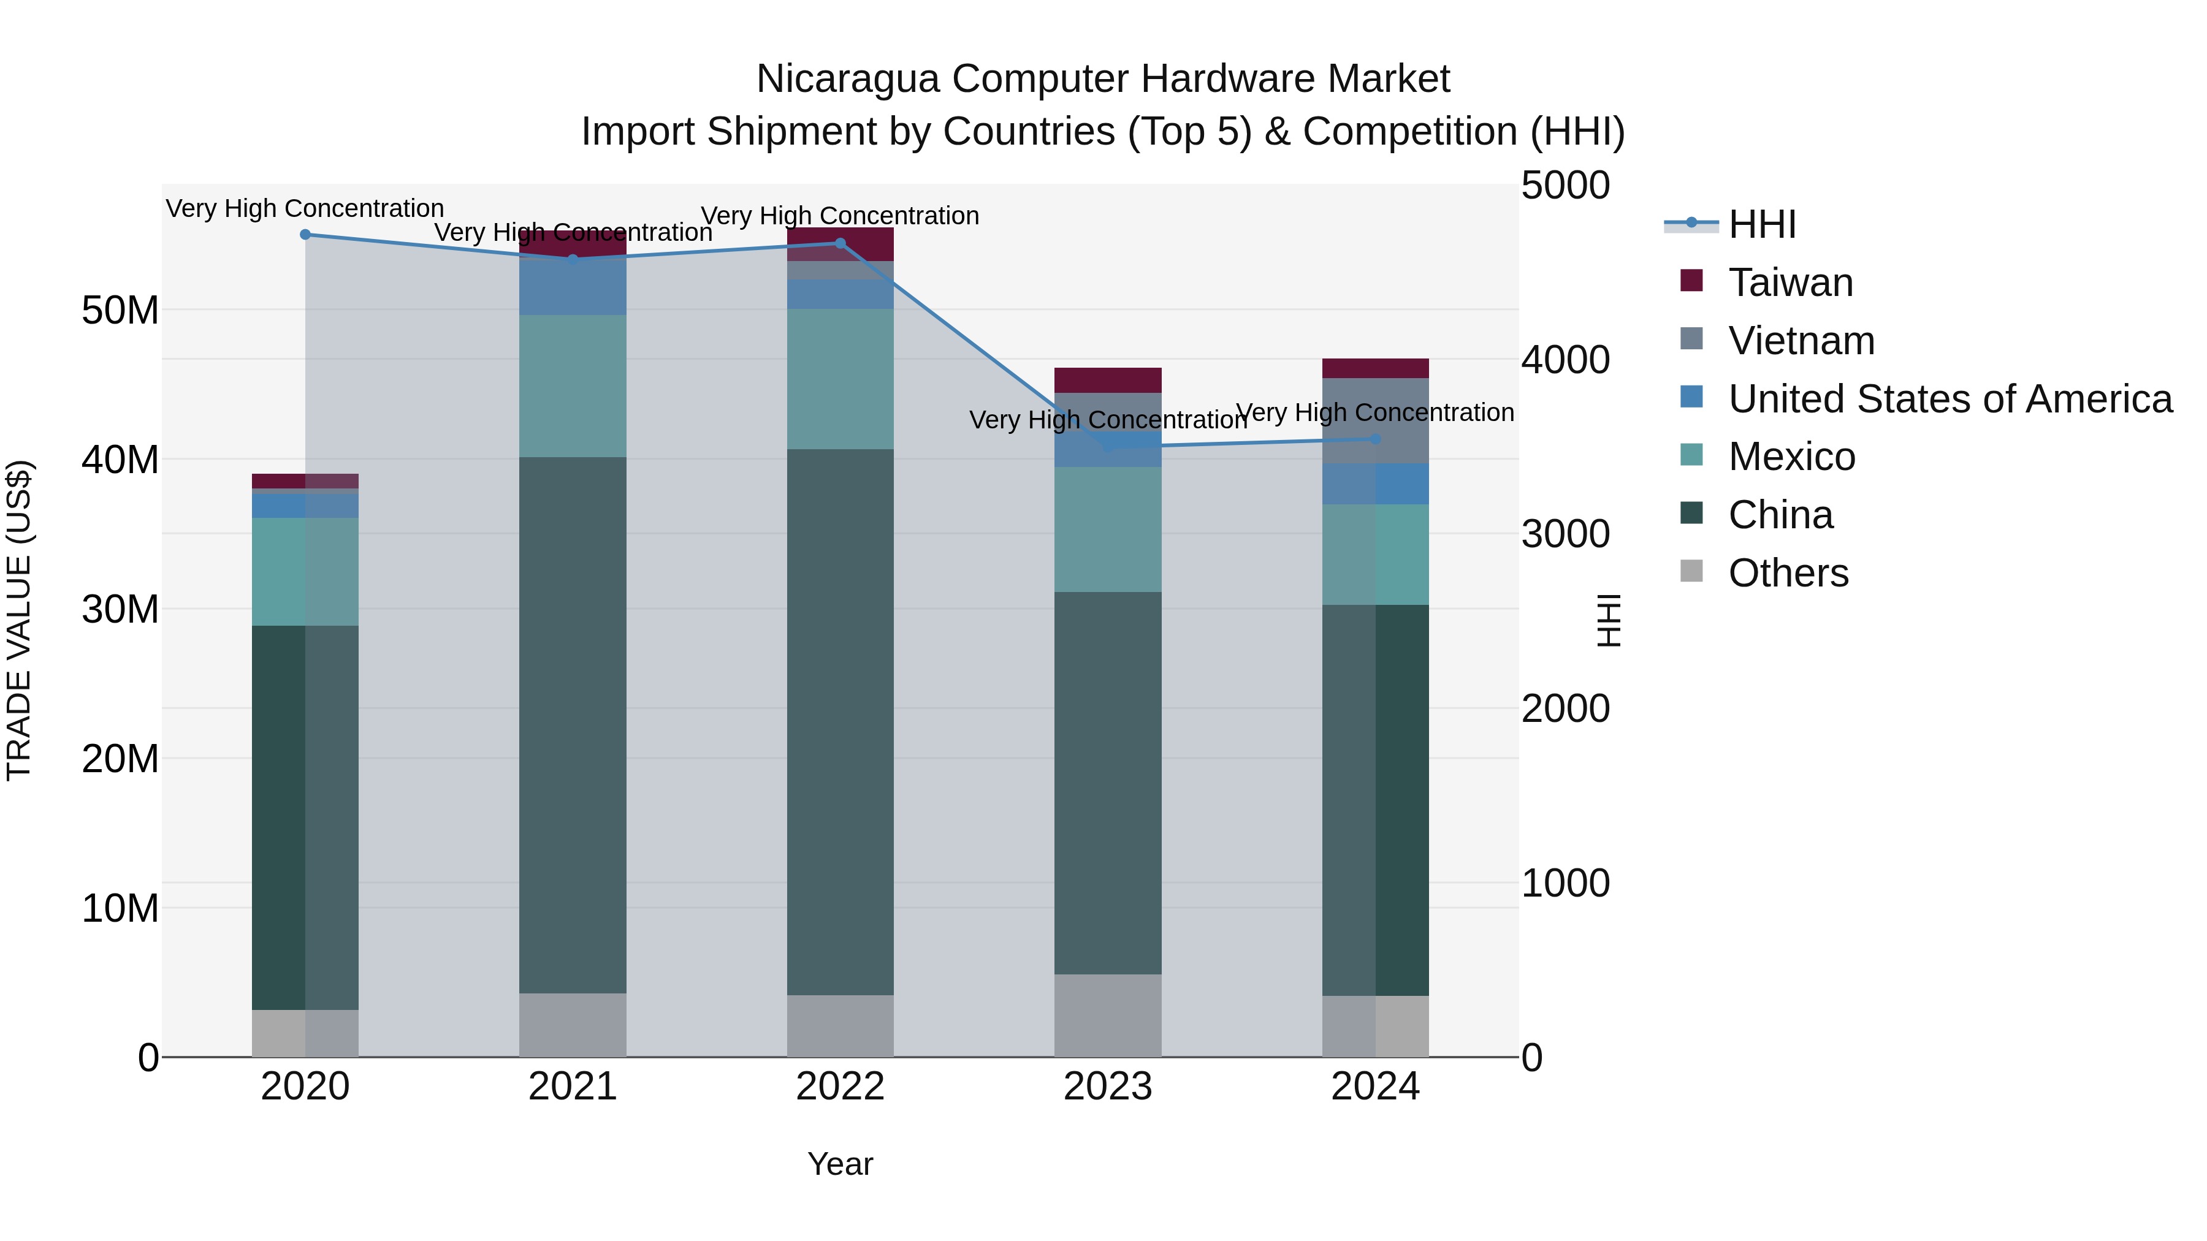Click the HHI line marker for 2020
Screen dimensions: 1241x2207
(x=305, y=235)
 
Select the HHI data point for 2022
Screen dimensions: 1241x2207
(x=840, y=243)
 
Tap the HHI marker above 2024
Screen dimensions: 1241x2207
(x=1375, y=439)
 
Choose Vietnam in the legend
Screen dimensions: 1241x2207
(x=1801, y=341)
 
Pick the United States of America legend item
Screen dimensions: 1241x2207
(x=1949, y=399)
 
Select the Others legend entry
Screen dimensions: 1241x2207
(x=1788, y=573)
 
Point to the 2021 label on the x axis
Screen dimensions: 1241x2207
(x=573, y=1087)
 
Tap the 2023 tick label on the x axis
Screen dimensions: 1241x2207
(x=1108, y=1087)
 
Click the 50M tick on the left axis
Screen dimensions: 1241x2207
(x=120, y=310)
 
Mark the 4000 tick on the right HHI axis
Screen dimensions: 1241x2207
(x=1565, y=360)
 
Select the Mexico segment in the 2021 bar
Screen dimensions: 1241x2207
(x=573, y=385)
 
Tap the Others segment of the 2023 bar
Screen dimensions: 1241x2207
(x=1108, y=1015)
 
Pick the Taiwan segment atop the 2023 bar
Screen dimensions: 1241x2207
(x=1108, y=380)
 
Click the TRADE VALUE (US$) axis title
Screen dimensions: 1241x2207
(x=19, y=620)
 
